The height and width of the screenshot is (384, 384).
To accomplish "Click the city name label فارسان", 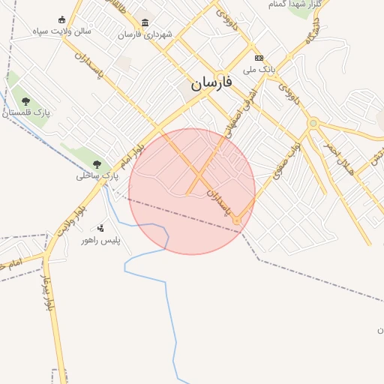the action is point(211,82).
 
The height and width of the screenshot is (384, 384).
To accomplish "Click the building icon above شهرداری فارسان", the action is point(145,22).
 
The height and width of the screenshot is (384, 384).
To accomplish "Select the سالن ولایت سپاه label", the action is point(61,31).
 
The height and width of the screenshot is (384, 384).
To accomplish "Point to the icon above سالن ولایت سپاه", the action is point(61,20).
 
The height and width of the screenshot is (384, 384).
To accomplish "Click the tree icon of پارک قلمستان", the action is point(25,100).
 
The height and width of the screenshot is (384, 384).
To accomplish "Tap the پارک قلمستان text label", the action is point(26,112).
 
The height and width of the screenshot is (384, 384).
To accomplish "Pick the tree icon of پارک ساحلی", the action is point(96,164).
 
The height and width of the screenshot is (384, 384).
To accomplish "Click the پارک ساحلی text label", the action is point(97,176).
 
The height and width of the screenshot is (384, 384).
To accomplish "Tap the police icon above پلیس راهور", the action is point(100,228).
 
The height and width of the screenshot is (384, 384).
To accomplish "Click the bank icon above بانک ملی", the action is point(259,58).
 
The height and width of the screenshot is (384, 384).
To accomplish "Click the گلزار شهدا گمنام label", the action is point(295,4).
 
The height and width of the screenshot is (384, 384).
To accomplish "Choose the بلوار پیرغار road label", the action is point(49,295).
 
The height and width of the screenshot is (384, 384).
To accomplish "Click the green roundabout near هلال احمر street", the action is point(313,123).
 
